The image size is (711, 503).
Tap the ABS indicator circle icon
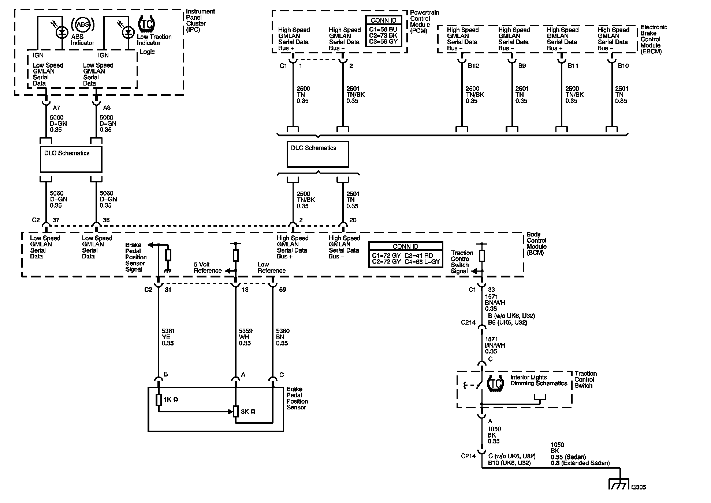point(83,25)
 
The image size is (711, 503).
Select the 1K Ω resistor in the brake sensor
point(159,400)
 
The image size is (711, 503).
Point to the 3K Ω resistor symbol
point(236,411)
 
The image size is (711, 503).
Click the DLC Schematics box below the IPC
point(71,159)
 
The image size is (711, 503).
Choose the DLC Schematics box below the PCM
point(317,154)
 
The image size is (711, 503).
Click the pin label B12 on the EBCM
point(473,66)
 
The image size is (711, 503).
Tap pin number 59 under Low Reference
point(282,290)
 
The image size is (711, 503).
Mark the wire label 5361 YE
point(168,337)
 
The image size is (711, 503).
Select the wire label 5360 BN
point(282,337)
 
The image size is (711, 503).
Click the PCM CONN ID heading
point(383,20)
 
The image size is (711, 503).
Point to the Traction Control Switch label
point(585,379)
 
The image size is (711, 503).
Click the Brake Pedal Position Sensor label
point(297,398)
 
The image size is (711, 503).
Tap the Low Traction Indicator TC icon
point(146,24)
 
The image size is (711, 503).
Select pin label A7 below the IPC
point(56,108)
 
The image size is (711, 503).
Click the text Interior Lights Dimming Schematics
point(538,380)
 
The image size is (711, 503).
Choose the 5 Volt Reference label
point(208,268)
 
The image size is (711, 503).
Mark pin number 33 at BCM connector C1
point(492,290)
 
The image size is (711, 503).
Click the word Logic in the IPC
point(147,52)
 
